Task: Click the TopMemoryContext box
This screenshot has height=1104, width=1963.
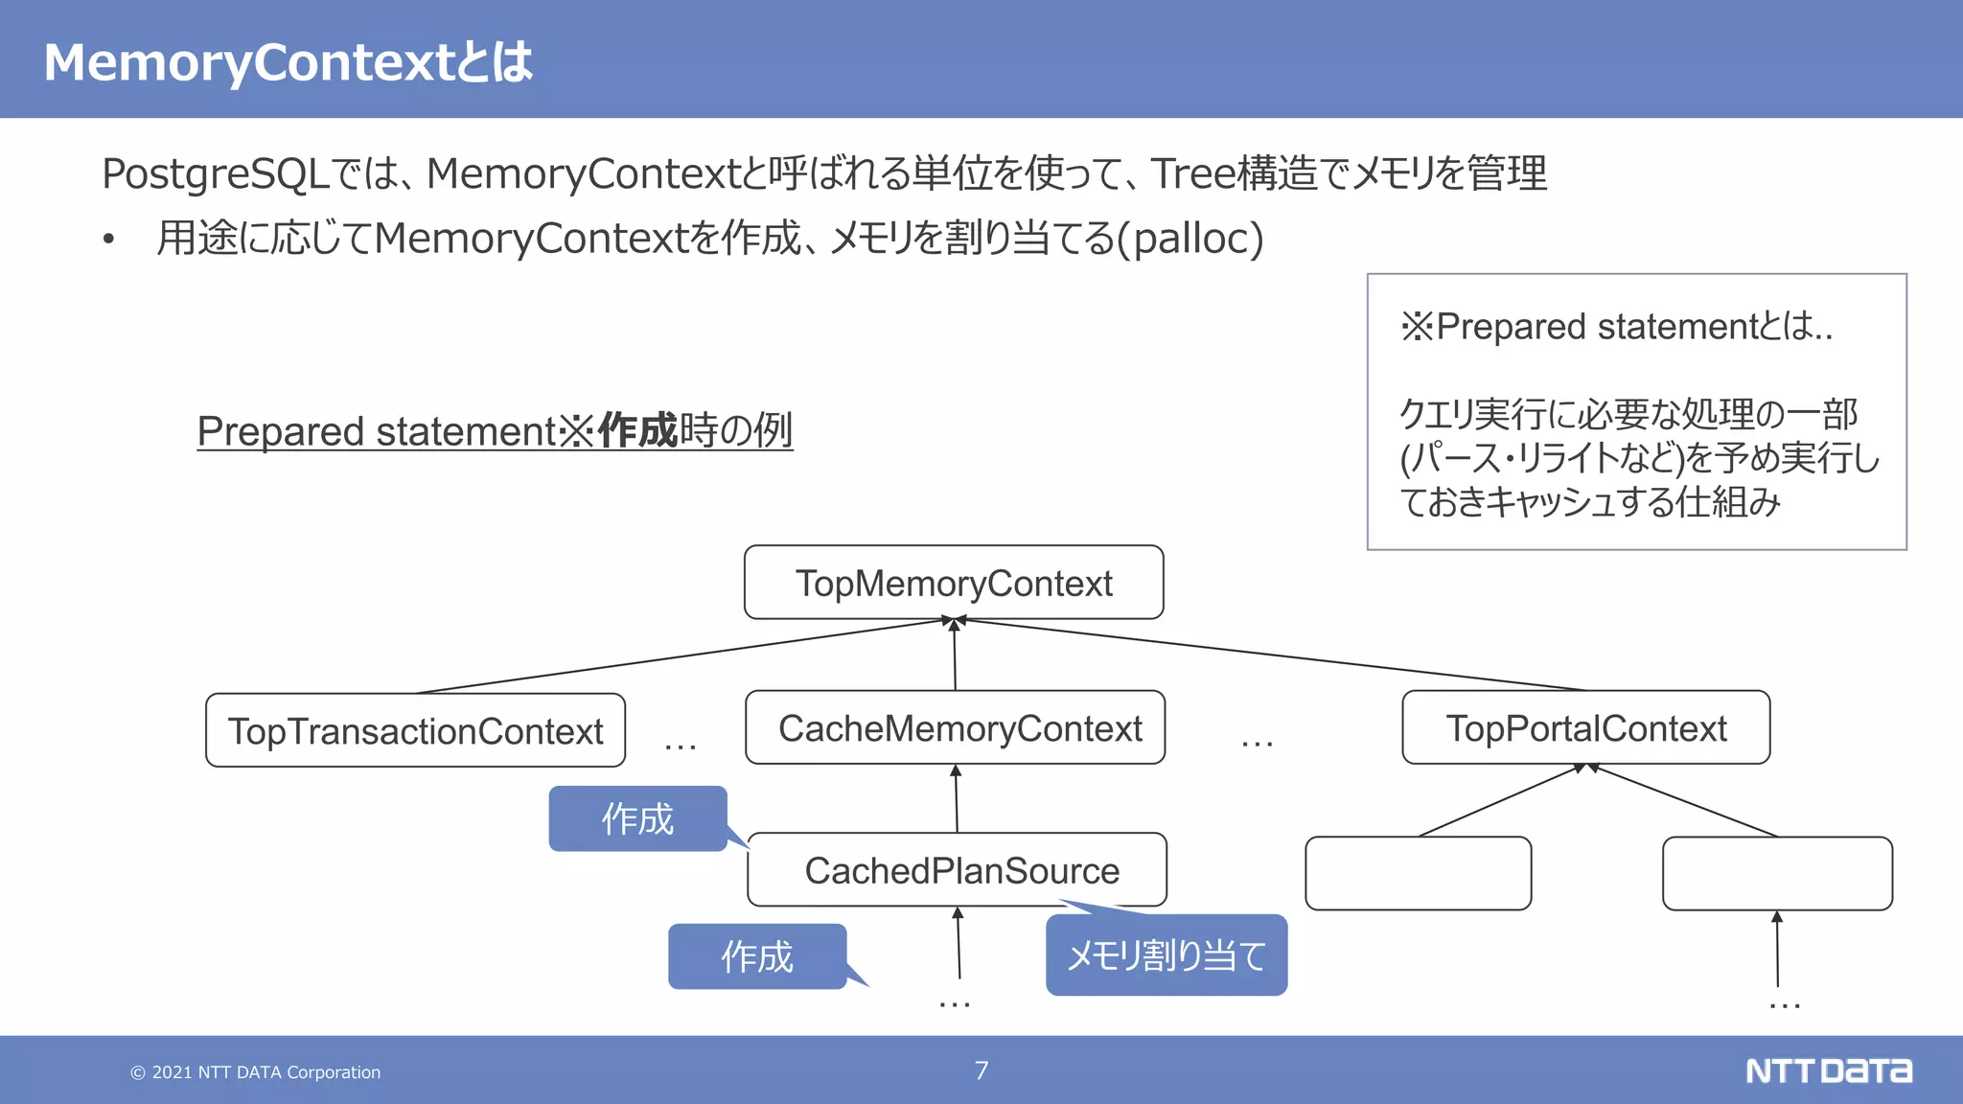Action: pos(954,583)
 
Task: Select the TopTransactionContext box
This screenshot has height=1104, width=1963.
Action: pos(415,730)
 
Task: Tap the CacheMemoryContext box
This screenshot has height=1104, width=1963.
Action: pos(956,728)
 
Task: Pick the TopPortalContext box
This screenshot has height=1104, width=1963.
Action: pos(1585,728)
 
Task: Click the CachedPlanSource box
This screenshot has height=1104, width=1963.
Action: pos(958,870)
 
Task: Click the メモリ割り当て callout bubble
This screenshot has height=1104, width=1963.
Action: pos(1166,955)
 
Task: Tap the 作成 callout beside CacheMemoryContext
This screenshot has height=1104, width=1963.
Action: pos(637,818)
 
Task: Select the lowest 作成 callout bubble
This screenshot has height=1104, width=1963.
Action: pos(757,956)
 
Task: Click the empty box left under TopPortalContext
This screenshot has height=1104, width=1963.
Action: pos(1418,873)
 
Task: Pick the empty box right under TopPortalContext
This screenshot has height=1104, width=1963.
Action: pos(1777,873)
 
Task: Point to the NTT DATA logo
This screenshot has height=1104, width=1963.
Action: pos(1828,1070)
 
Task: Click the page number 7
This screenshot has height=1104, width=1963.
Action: pos(981,1070)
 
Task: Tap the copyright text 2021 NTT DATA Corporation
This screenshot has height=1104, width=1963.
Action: pos(256,1072)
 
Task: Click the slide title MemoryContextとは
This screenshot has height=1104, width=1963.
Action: pos(288,62)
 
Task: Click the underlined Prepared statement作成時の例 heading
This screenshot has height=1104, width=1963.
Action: pos(495,430)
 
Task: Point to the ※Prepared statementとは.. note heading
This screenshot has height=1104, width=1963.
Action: pos(1616,327)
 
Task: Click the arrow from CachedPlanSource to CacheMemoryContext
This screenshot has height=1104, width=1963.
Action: pos(957,798)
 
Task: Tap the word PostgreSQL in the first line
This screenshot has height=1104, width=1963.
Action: pos(216,174)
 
